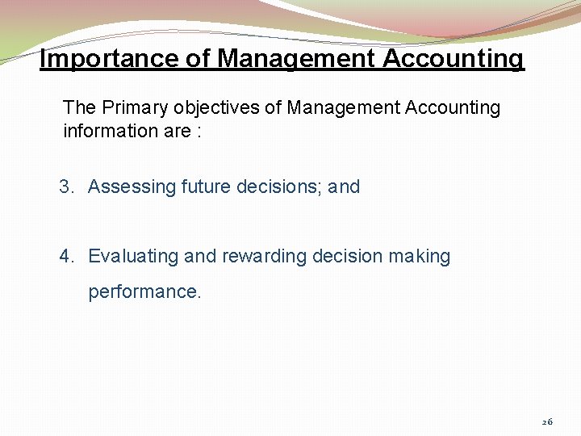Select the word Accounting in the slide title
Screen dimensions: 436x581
[453, 59]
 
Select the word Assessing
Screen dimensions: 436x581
[132, 187]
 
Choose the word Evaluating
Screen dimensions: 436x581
[133, 257]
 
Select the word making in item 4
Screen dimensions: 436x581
[420, 257]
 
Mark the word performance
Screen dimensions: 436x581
[144, 291]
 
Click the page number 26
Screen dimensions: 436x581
[547, 421]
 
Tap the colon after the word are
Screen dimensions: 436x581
[197, 132]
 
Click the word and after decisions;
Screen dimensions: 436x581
[344, 187]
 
